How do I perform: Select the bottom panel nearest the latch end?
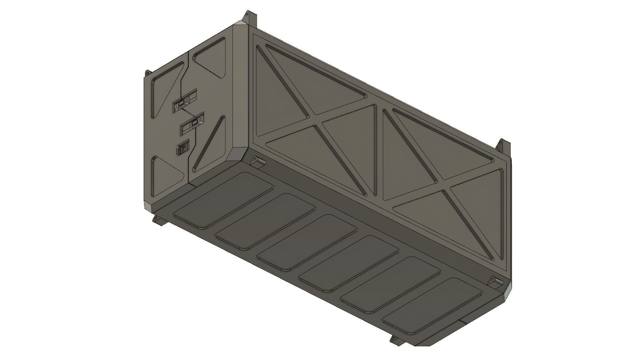[x=223, y=200]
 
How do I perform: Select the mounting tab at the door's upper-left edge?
[x=147, y=73]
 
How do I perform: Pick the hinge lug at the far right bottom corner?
[x=495, y=281]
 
